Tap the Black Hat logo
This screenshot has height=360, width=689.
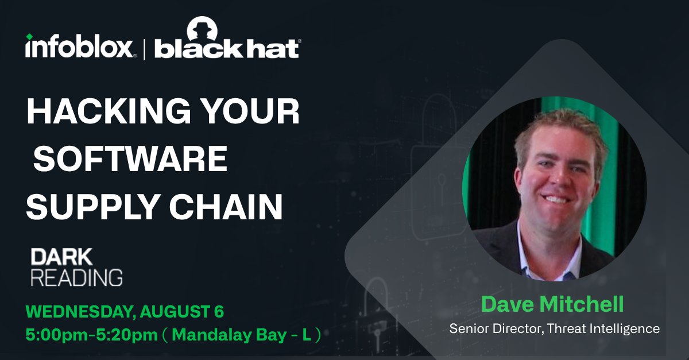227,48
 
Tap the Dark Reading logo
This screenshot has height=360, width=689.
76,267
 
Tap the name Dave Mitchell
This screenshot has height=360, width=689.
552,304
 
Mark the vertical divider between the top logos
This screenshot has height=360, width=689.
145,47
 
